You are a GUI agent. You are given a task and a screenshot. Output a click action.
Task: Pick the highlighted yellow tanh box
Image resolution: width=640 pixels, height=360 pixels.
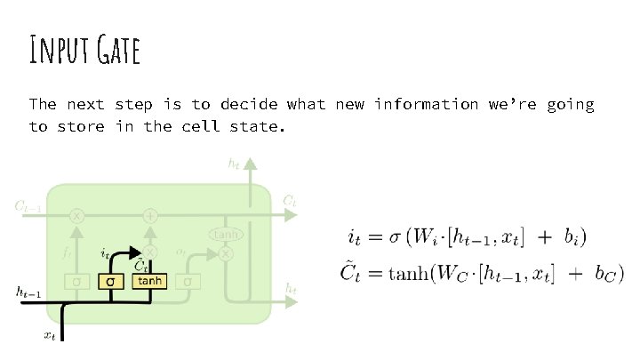pos(149,281)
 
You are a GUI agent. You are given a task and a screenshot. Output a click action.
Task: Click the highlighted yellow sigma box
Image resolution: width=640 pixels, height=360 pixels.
pos(110,282)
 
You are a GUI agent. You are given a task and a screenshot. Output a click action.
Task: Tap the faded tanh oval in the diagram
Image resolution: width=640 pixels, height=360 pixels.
pos(226,234)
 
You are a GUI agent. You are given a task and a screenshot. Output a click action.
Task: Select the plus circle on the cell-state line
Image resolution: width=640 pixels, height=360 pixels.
pos(150,215)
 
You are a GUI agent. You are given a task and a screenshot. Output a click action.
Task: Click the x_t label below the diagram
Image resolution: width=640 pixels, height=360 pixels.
pos(50,336)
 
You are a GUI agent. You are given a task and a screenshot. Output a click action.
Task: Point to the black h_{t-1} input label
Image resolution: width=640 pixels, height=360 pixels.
pos(30,291)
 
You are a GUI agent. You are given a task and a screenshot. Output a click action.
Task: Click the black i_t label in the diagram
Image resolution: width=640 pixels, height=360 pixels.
pos(105,253)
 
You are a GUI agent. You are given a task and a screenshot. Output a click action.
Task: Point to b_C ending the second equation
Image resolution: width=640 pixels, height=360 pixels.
pos(607,275)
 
